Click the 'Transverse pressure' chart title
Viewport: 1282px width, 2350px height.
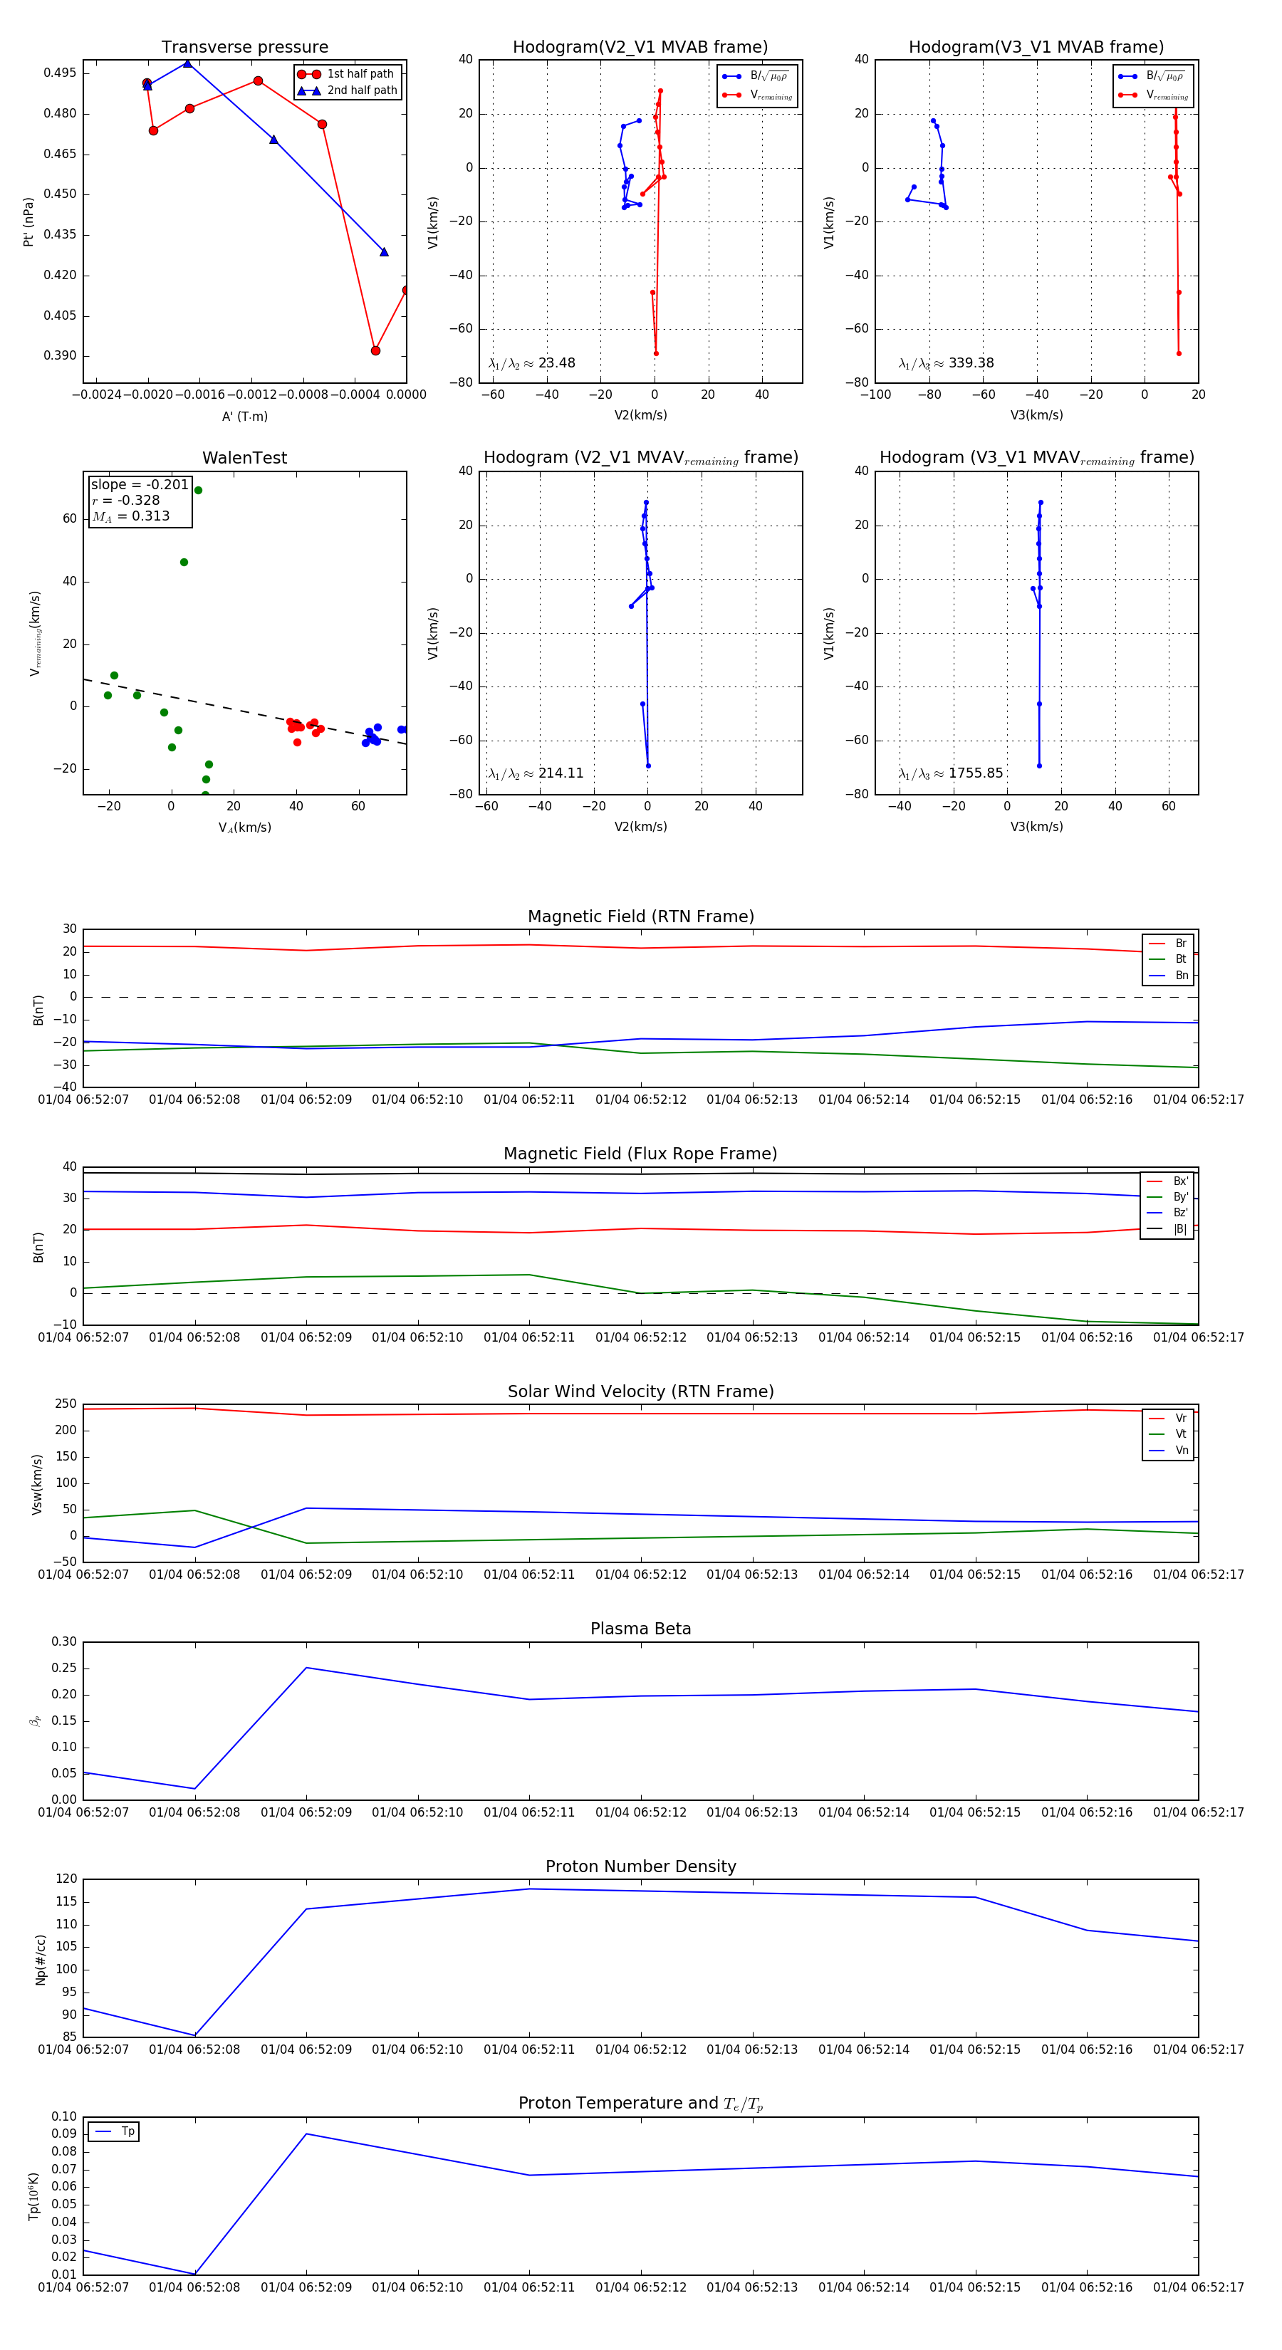click(x=244, y=48)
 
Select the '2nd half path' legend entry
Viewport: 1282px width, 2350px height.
click(x=361, y=90)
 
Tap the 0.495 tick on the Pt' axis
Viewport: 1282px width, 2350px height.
click(x=61, y=73)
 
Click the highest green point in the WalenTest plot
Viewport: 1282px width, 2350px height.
click(x=198, y=491)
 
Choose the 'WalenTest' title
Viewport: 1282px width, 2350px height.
click(x=244, y=458)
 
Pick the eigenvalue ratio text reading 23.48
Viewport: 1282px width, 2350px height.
click(x=556, y=363)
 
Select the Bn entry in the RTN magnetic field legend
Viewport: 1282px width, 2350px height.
click(x=1181, y=975)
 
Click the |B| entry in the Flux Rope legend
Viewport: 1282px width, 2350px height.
click(x=1180, y=1229)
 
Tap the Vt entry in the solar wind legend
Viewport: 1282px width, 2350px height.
click(x=1181, y=1434)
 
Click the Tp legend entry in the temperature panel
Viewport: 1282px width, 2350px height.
click(x=127, y=2132)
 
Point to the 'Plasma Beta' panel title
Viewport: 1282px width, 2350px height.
click(x=640, y=1629)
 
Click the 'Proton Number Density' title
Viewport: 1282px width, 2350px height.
click(x=640, y=1866)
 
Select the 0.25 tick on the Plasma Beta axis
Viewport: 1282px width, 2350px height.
click(x=64, y=1668)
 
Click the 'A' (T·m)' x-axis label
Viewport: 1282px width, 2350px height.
click(x=244, y=417)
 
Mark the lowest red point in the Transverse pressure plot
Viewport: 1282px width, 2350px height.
click(x=375, y=350)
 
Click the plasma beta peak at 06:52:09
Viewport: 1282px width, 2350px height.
click(x=306, y=1668)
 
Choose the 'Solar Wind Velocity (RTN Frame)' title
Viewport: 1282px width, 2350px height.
click(x=640, y=1391)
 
